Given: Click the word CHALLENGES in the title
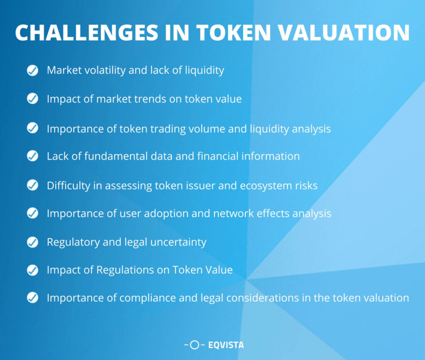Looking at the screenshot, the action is (86, 33).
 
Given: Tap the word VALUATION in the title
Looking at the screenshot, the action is (344, 33).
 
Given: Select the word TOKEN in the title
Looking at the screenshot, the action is (234, 33).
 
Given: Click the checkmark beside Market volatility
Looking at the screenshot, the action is (32, 71).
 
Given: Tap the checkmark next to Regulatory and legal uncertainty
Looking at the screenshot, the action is (32, 242).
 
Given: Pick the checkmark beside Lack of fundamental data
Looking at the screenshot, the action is (32, 156).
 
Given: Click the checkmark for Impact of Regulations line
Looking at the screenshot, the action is (32, 270).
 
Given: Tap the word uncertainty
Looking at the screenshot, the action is (178, 242).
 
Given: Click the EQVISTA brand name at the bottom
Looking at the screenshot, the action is (226, 345).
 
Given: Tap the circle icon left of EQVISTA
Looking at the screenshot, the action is (194, 345).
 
